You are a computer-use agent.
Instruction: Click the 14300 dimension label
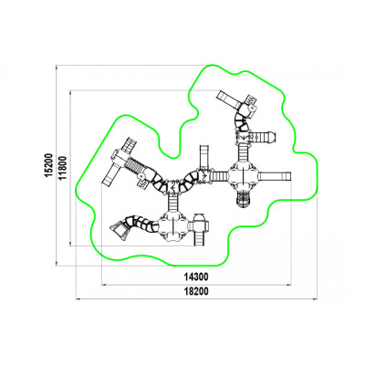[x=196, y=277]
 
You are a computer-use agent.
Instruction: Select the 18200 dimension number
[x=196, y=291]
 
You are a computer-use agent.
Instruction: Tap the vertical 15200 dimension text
[x=48, y=164]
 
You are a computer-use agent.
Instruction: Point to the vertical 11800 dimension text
[x=62, y=168]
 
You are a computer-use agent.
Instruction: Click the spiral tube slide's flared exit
[x=119, y=231]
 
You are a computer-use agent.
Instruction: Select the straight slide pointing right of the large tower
[x=275, y=176]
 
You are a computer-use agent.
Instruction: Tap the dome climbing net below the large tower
[x=243, y=200]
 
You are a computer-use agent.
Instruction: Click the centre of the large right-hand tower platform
[x=244, y=176]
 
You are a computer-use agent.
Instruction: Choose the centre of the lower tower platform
[x=172, y=225]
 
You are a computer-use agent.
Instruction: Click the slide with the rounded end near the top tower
[x=264, y=137]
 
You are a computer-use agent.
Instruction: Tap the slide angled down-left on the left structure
[x=110, y=175]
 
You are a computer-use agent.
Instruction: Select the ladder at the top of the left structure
[x=129, y=145]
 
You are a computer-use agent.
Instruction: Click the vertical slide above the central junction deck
[x=204, y=157]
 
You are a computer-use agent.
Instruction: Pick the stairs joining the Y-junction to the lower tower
[x=172, y=203]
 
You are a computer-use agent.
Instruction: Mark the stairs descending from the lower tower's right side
[x=199, y=238]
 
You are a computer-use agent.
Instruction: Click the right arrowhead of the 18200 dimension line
[x=315, y=299]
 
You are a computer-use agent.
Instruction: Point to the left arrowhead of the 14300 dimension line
[x=104, y=285]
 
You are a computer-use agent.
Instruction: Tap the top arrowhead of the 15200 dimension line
[x=56, y=67]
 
